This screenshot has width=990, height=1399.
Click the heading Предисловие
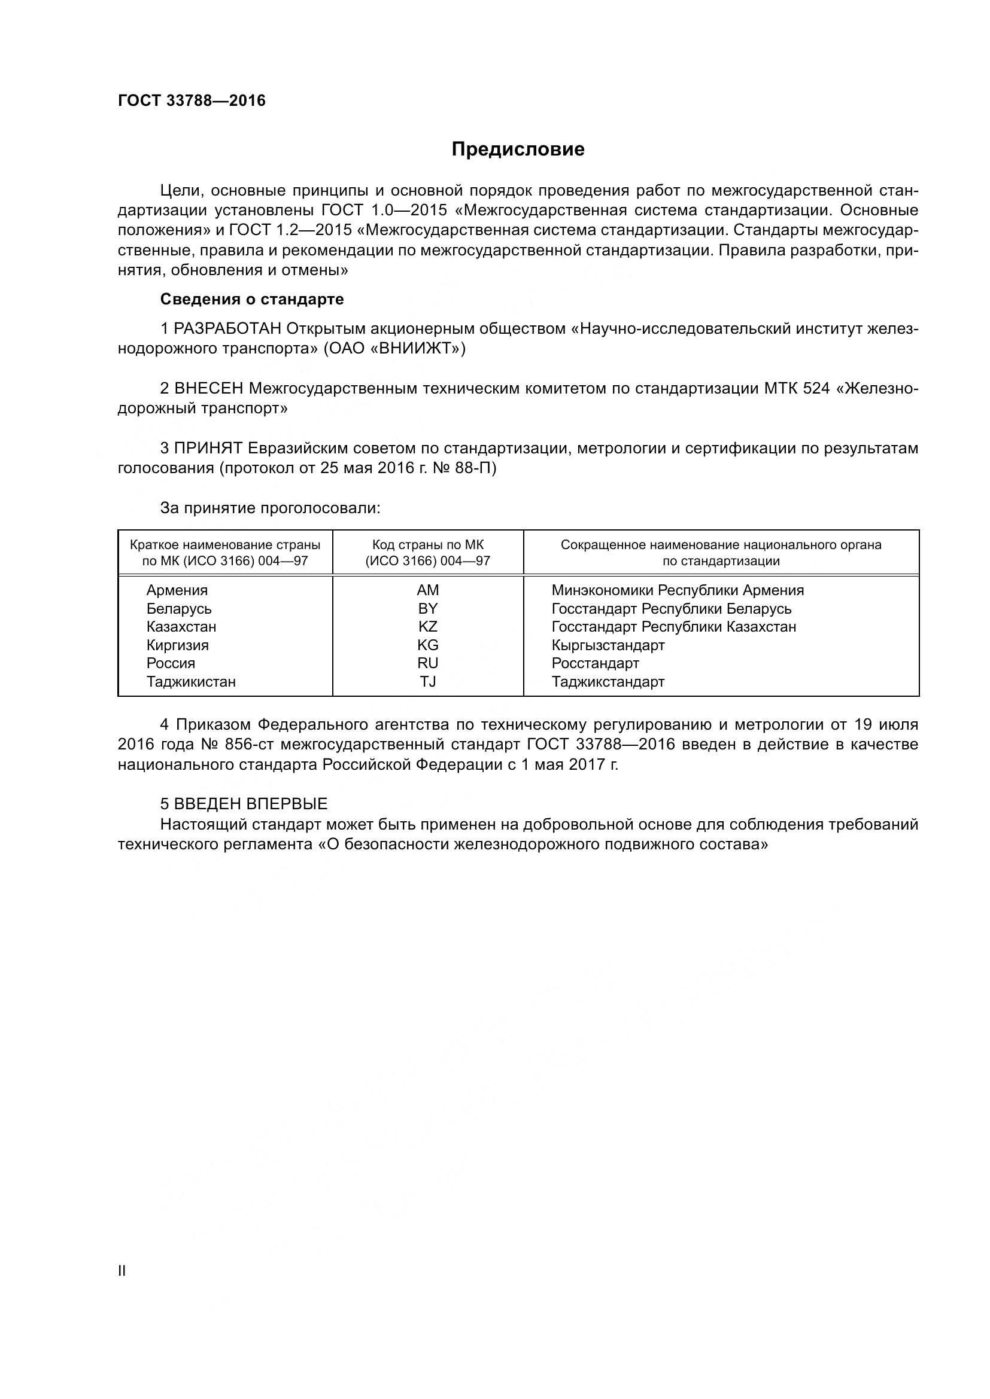pyautogui.click(x=518, y=150)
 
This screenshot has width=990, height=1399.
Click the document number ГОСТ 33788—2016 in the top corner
pyautogui.click(x=192, y=100)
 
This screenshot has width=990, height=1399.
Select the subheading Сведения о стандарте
pyautogui.click(x=252, y=299)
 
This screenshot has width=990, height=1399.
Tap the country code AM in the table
pyautogui.click(x=427, y=590)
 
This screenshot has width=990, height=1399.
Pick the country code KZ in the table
pyautogui.click(x=427, y=626)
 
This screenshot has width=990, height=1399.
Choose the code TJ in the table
pyautogui.click(x=427, y=681)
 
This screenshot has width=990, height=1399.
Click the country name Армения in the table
pyautogui.click(x=177, y=590)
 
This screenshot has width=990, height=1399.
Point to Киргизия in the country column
pyautogui.click(x=177, y=645)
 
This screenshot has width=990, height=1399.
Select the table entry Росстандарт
pyautogui.click(x=595, y=663)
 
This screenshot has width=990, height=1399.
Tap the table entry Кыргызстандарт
pyautogui.click(x=608, y=645)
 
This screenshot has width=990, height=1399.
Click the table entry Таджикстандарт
pyautogui.click(x=608, y=681)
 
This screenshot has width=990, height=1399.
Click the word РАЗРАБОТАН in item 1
pyautogui.click(x=227, y=329)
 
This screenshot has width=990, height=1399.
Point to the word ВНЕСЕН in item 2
pyautogui.click(x=208, y=388)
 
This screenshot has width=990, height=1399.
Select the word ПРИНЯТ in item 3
pyautogui.click(x=208, y=448)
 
